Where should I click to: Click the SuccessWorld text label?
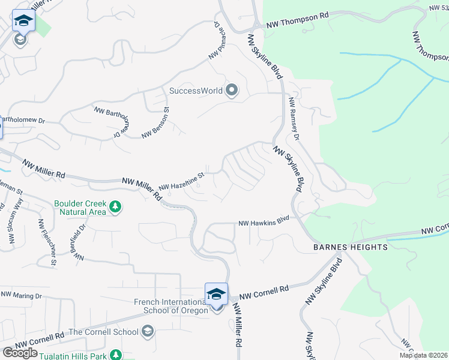point(196,91)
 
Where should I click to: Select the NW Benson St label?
point(156,122)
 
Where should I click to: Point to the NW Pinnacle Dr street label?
point(215,40)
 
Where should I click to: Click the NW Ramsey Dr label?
point(294,119)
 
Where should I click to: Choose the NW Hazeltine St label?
point(182,181)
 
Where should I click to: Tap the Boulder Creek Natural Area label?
point(80,208)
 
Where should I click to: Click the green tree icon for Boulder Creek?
point(116,208)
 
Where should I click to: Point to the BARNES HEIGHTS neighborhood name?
point(350,247)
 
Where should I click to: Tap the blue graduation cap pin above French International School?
point(216,293)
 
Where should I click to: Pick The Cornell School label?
point(104,332)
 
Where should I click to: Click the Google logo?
point(20,353)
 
